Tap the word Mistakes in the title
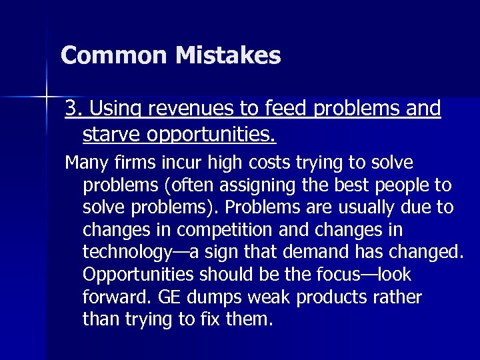(229, 55)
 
